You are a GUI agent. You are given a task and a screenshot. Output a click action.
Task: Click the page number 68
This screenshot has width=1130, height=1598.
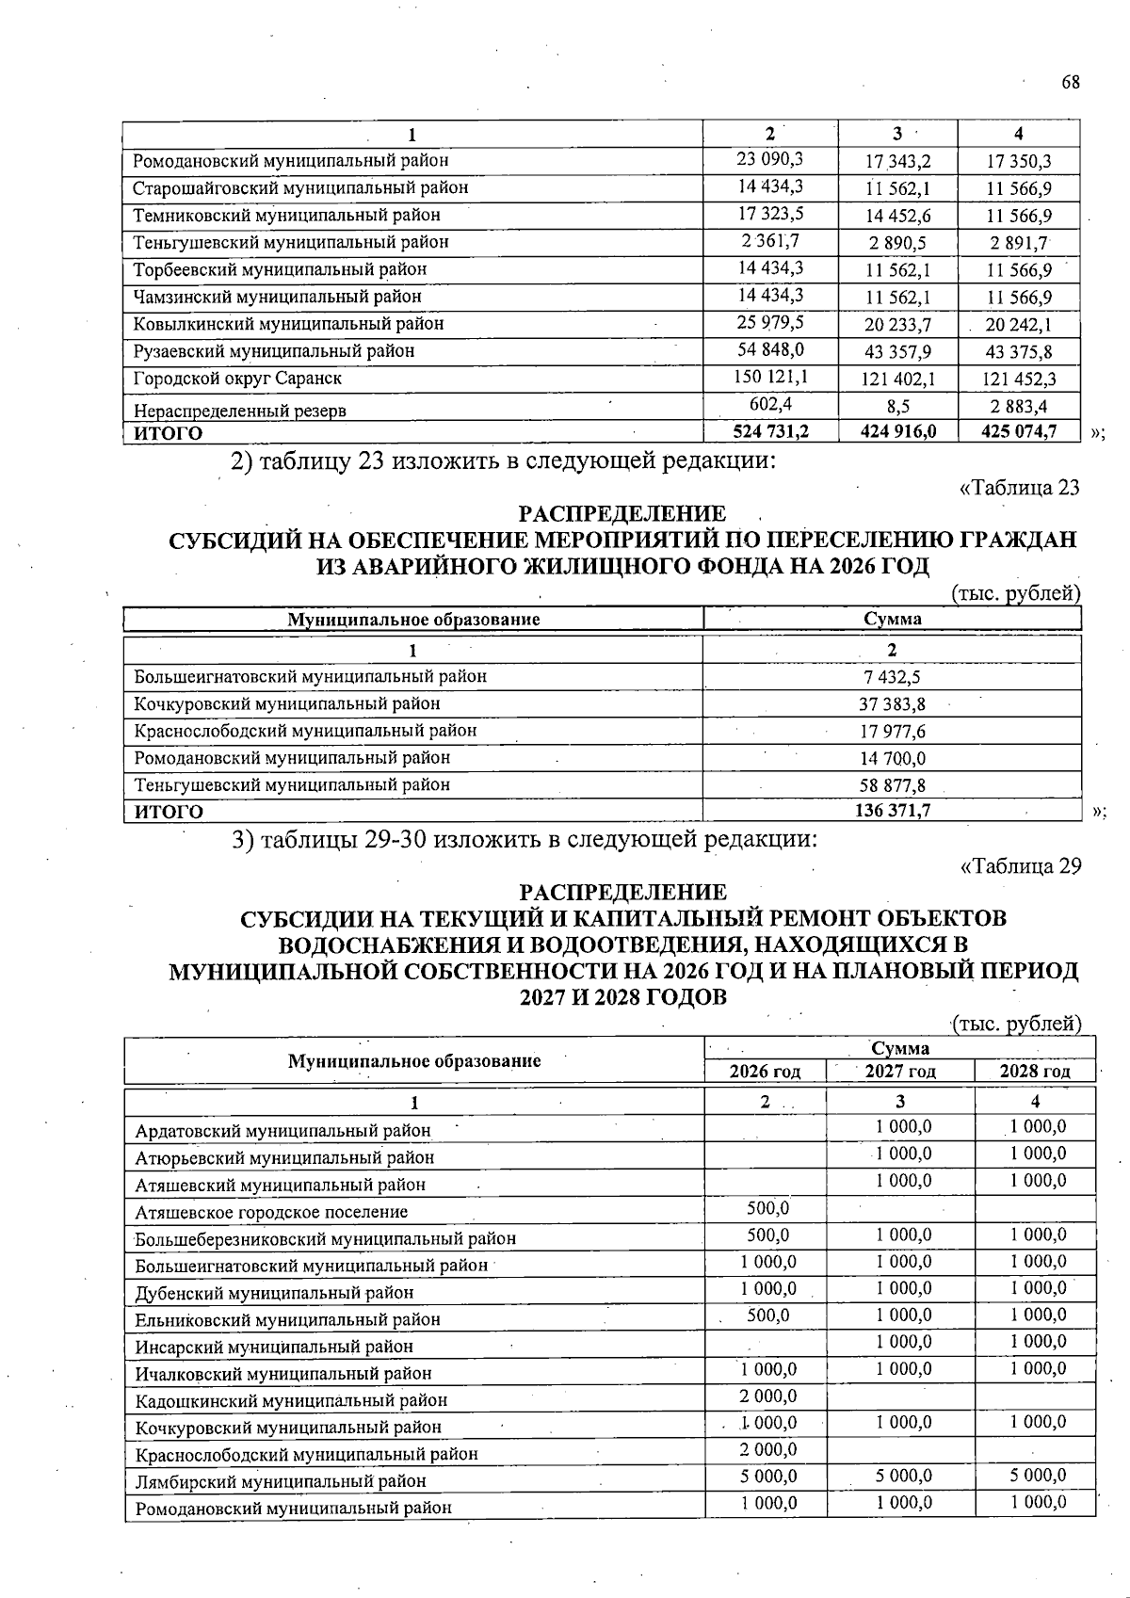(1071, 82)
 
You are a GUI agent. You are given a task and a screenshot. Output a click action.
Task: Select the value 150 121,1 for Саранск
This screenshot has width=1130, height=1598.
(770, 377)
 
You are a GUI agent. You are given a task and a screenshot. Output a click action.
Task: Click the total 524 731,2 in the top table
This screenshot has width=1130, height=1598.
(770, 431)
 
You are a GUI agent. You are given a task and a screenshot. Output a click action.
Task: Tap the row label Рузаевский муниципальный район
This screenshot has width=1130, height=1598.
(274, 351)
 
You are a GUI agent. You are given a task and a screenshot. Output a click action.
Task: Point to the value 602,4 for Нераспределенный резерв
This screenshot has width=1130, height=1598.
(770, 404)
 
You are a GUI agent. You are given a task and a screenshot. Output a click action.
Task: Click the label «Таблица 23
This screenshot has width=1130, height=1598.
(1019, 488)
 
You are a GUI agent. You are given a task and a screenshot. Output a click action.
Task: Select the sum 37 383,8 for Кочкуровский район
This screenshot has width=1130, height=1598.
(892, 703)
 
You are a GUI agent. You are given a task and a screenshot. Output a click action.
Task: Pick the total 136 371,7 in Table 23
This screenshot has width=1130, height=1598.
(892, 810)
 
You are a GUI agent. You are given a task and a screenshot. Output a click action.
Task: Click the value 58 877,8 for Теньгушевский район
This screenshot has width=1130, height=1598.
(892, 784)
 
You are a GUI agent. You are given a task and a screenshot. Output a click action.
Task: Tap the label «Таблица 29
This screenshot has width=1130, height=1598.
(1020, 865)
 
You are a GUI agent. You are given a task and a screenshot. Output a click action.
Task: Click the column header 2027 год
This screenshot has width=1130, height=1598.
(900, 1072)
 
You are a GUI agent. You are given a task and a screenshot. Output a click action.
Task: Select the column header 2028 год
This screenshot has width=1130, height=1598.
(1035, 1072)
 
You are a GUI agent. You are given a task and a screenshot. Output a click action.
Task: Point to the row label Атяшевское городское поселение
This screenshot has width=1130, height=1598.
(271, 1212)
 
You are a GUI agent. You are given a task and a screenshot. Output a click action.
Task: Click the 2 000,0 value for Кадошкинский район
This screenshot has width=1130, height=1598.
(767, 1396)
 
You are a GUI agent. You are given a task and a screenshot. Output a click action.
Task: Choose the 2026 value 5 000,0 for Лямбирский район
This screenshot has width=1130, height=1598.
(767, 1476)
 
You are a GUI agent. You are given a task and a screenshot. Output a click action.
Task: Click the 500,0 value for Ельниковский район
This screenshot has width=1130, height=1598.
(767, 1315)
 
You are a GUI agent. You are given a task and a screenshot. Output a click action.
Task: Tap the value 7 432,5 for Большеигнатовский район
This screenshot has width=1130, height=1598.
(892, 676)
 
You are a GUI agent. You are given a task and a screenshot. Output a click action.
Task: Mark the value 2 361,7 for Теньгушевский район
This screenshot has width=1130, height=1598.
(770, 241)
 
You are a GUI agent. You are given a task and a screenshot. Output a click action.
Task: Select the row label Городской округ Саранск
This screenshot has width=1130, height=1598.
(237, 379)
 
